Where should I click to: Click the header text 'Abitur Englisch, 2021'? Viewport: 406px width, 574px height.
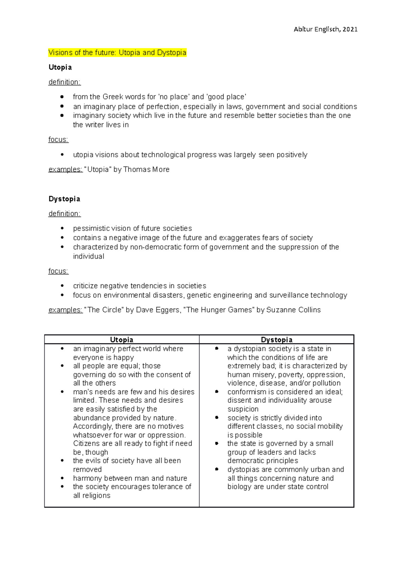point(325,29)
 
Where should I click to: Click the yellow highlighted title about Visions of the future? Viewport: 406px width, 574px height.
point(117,53)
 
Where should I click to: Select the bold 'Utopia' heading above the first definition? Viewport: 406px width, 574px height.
point(60,67)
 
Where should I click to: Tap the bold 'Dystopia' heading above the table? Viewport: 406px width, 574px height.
point(64,199)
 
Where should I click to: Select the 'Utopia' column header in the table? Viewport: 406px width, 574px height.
point(121,340)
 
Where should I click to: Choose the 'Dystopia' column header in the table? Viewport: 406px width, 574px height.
point(276,340)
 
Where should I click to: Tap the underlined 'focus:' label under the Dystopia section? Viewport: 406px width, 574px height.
point(59,271)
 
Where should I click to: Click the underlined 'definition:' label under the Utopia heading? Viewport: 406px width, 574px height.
point(65,82)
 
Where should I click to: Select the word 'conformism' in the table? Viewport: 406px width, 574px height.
point(247,392)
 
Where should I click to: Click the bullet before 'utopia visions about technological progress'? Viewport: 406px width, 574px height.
point(62,155)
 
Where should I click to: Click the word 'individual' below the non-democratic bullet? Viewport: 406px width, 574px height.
point(89,257)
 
